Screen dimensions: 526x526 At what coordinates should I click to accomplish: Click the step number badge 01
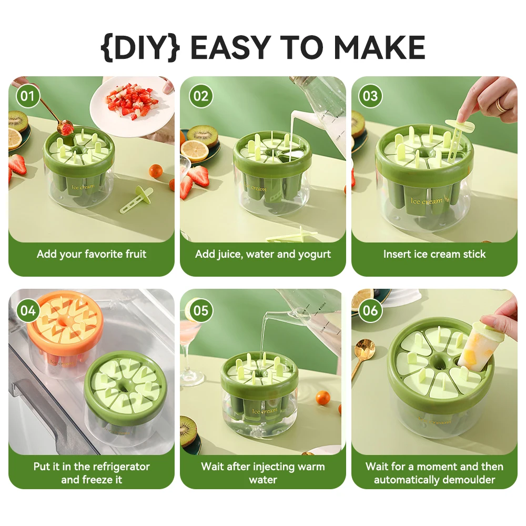coord(28,96)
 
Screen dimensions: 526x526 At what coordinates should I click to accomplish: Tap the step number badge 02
coord(201,96)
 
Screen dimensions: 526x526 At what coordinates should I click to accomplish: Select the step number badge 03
coord(370,96)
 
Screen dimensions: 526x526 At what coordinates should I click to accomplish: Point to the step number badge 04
coord(28,310)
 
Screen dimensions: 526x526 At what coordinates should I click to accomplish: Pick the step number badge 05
coord(201,310)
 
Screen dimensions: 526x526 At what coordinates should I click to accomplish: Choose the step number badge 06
coord(370,310)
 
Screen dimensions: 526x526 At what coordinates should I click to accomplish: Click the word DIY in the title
coord(140,48)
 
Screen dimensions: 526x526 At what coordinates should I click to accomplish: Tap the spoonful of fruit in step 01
coord(66,127)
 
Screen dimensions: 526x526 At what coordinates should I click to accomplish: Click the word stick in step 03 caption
coord(474,254)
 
